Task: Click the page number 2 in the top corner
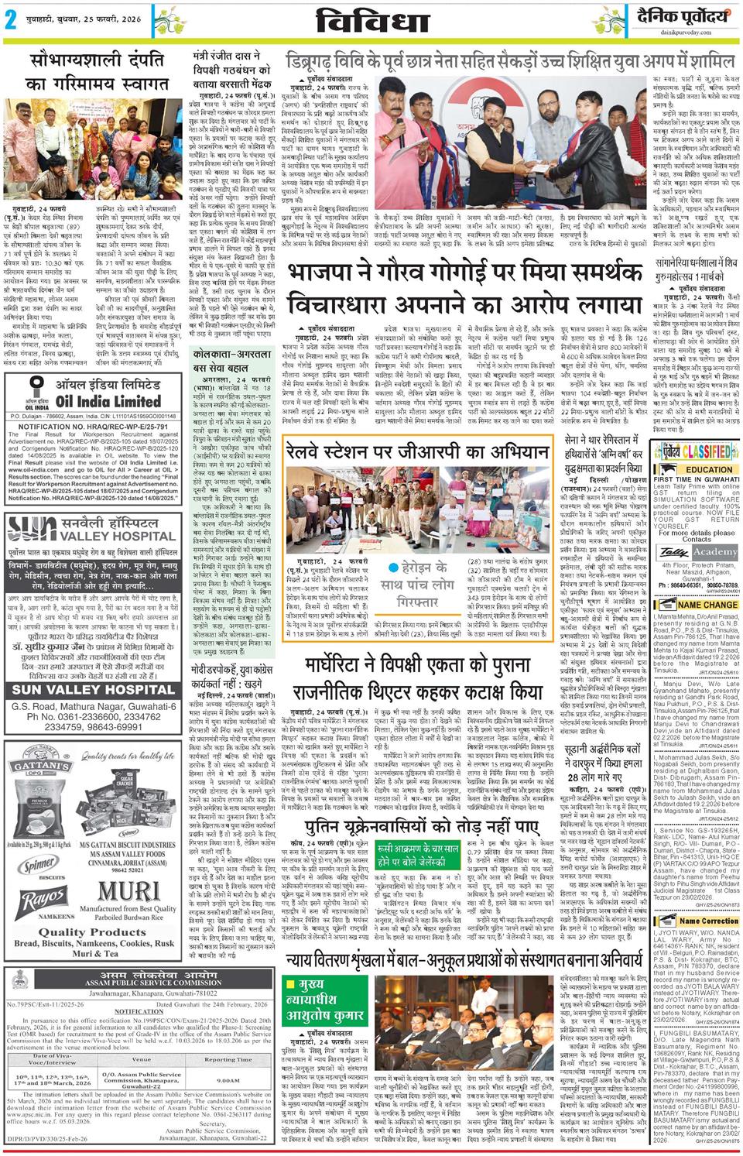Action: click(x=11, y=21)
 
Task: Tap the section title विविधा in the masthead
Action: click(x=373, y=20)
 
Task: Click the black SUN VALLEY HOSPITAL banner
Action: click(x=93, y=690)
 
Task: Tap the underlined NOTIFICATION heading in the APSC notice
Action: click(x=139, y=1011)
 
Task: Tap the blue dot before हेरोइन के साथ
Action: click(x=395, y=544)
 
